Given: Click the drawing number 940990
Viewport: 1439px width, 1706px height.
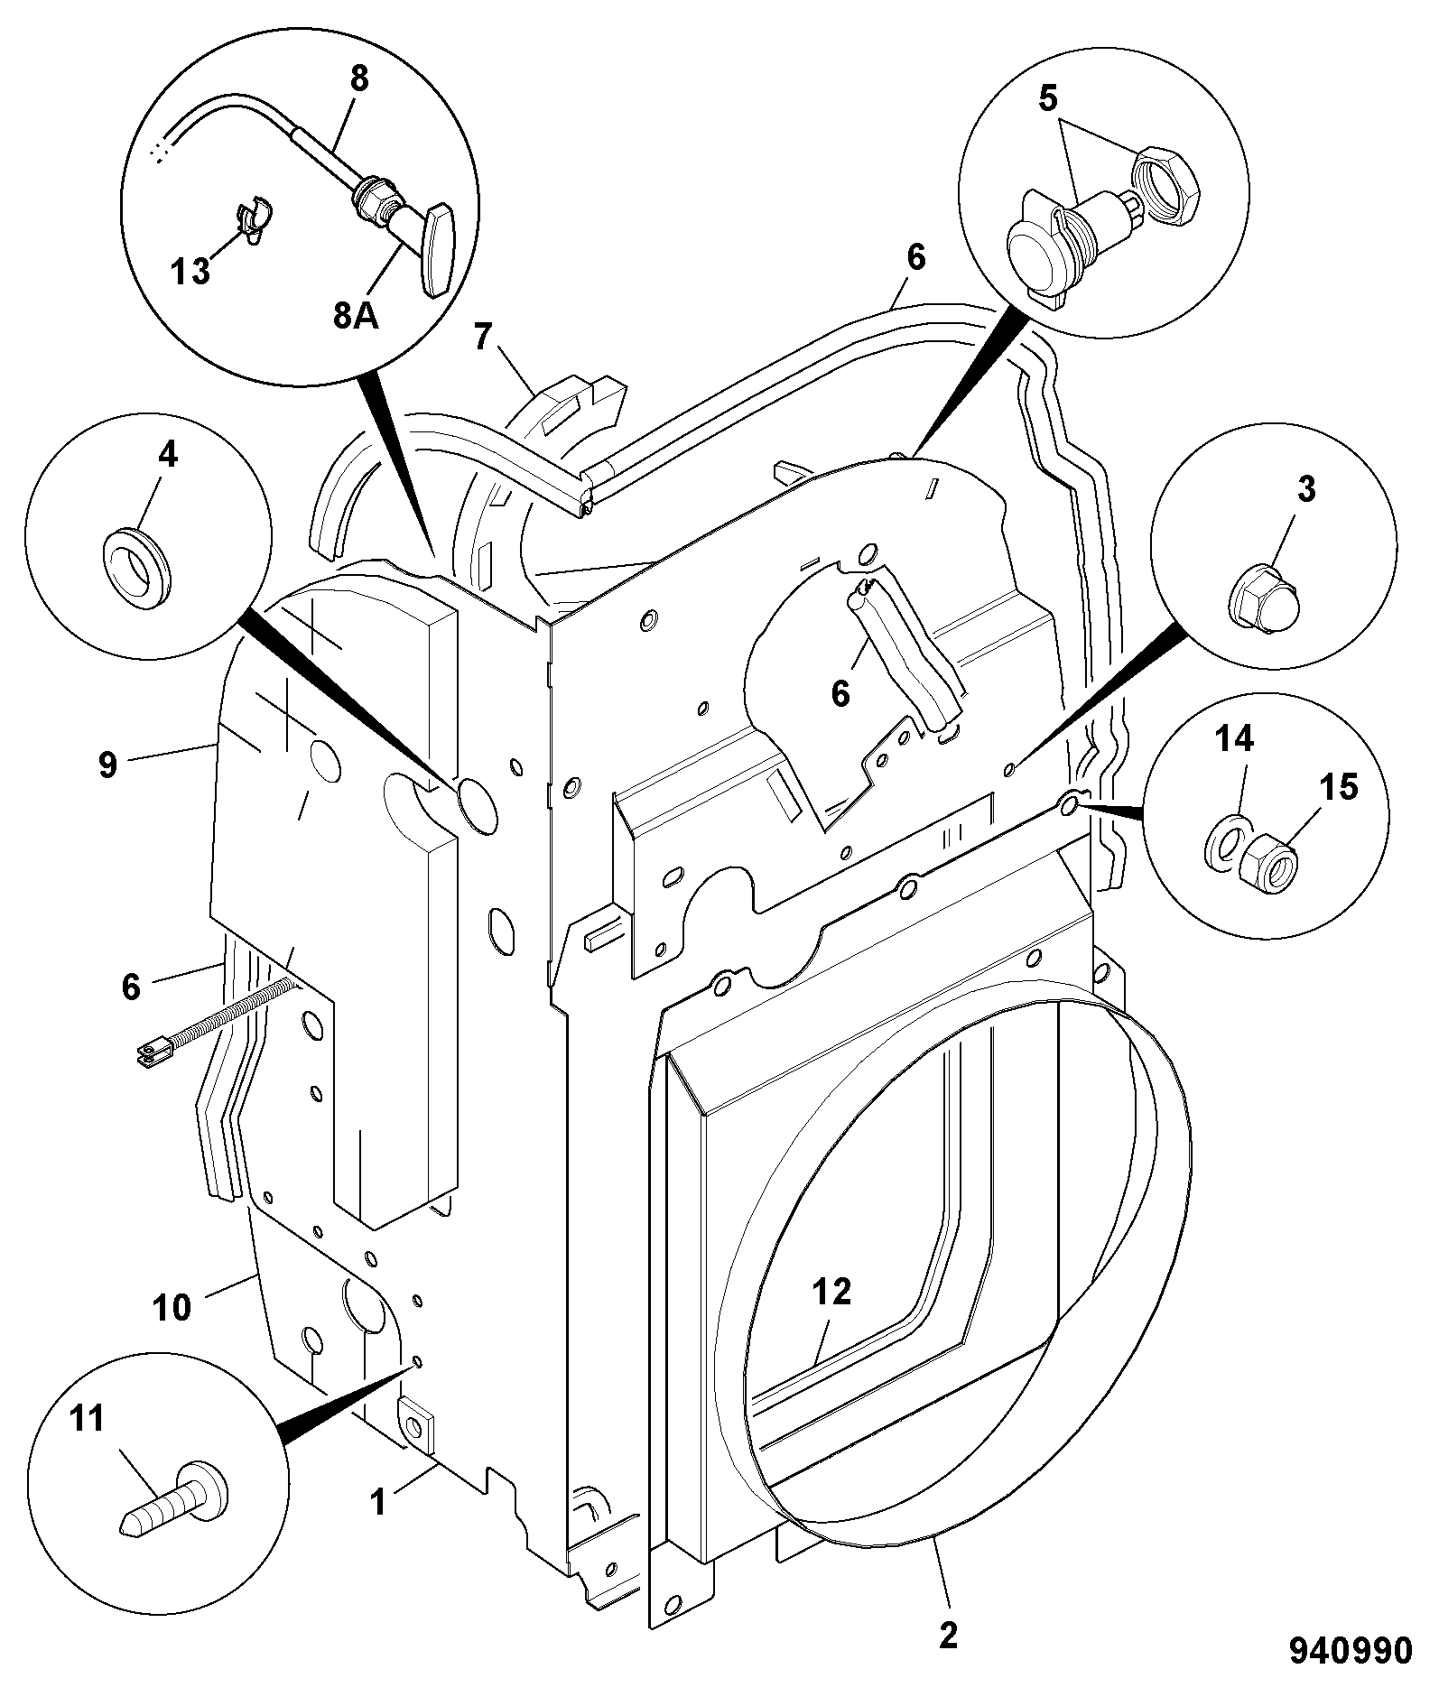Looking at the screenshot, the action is click(x=1350, y=1651).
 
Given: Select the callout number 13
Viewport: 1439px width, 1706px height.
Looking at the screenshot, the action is click(x=190, y=270).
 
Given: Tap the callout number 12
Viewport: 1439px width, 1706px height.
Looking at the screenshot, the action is click(x=831, y=1292).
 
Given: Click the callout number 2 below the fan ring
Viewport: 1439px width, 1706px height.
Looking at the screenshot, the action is click(x=947, y=1636).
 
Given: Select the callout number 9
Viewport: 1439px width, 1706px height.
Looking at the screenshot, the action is click(x=107, y=765).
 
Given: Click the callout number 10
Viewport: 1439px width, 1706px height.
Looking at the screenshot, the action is click(x=172, y=1306).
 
